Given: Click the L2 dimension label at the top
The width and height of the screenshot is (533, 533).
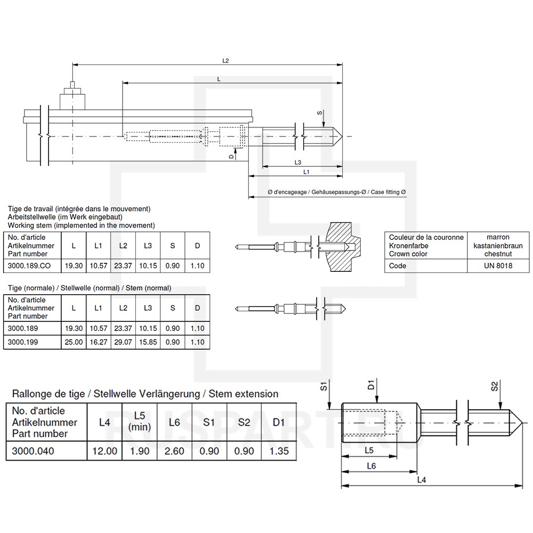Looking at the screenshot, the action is click(225, 61).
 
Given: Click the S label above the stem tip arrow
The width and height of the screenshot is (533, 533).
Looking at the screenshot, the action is click(319, 113).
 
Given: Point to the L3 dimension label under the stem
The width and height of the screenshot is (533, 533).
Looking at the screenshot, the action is click(298, 163).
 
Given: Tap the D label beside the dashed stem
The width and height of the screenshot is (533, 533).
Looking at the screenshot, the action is click(231, 156).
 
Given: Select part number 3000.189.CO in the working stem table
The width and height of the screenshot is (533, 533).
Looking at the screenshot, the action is click(29, 266).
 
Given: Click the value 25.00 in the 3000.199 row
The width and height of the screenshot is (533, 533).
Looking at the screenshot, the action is click(74, 342).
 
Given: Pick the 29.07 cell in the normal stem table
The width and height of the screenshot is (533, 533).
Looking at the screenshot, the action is click(123, 342).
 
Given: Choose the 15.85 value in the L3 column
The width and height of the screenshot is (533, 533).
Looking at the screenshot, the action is click(148, 342).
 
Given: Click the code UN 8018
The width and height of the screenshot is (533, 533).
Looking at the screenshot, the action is click(498, 266).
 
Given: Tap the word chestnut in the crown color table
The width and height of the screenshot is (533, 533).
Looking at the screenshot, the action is click(498, 254).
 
